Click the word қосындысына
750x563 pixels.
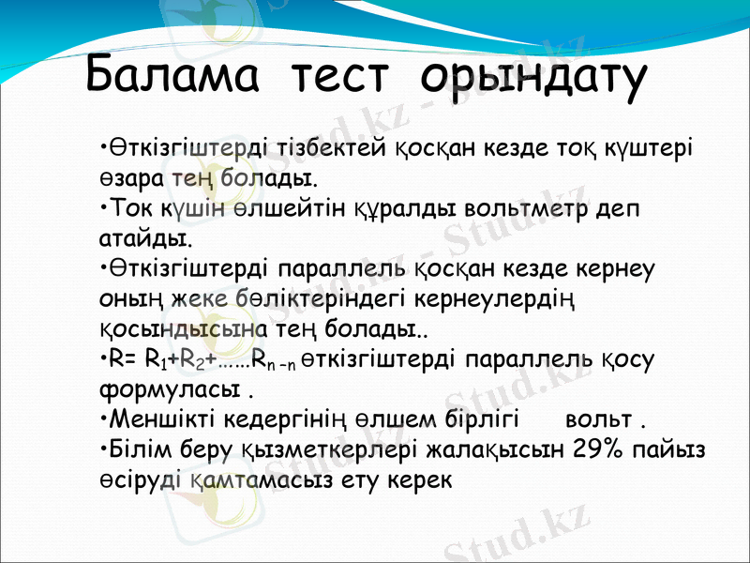click(177, 330)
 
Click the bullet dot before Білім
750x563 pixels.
click(102, 449)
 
